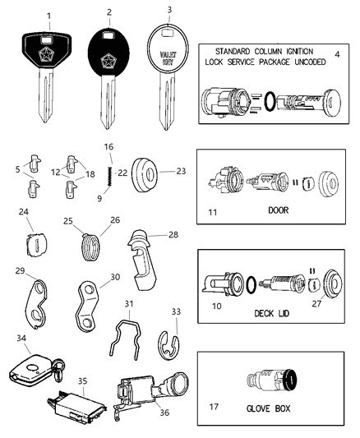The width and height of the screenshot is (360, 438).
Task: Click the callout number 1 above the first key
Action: click(x=48, y=16)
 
